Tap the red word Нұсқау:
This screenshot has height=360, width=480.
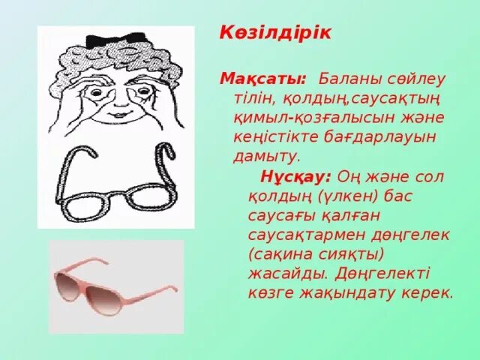coord(295,176)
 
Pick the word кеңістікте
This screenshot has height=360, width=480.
coord(269,137)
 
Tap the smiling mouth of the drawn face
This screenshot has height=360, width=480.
coord(120,114)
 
